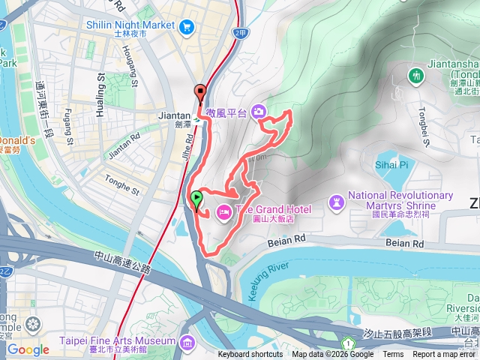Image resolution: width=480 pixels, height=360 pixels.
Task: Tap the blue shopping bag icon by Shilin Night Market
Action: click(x=186, y=25)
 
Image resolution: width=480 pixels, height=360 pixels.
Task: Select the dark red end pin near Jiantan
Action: click(x=200, y=92)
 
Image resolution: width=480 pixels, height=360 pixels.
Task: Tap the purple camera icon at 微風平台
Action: click(x=259, y=112)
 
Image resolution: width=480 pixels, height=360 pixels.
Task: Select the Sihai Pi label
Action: click(x=391, y=164)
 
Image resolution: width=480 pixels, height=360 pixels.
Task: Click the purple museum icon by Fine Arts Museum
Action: click(x=186, y=344)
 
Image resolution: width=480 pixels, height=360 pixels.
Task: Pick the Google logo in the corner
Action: click(x=28, y=349)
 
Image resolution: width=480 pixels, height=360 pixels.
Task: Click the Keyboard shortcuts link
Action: click(x=250, y=355)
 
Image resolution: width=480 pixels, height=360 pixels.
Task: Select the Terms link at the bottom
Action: click(x=393, y=355)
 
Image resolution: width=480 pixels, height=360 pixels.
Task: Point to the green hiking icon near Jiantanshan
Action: click(x=416, y=76)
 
